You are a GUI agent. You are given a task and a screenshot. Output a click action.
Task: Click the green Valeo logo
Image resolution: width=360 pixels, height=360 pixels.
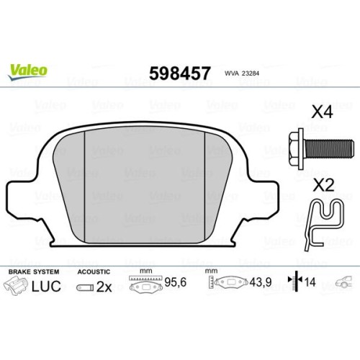click(x=28, y=71)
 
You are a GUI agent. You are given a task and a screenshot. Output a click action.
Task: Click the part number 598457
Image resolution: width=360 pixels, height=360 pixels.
click(x=180, y=73)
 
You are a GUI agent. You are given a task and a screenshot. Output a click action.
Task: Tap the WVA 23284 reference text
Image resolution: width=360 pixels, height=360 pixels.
click(x=242, y=73)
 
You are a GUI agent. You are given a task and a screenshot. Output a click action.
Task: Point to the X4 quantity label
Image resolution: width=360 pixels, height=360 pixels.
click(x=322, y=112)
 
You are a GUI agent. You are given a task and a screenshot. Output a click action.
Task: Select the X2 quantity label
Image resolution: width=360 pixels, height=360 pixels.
click(x=323, y=185)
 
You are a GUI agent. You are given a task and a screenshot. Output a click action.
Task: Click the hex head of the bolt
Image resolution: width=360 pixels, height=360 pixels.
click(x=297, y=149)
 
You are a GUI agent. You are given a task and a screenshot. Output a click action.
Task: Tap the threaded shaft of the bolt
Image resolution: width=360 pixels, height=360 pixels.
click(x=329, y=149)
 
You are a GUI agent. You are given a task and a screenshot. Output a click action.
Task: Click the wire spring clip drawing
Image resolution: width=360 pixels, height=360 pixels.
click(x=324, y=225)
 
